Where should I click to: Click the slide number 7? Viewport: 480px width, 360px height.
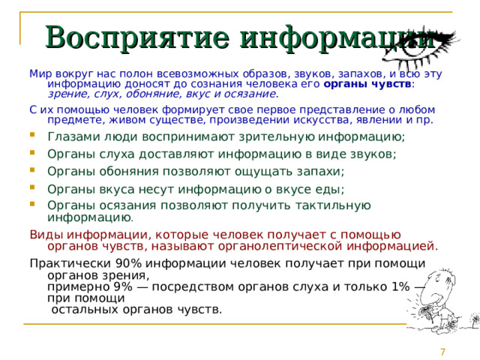443,352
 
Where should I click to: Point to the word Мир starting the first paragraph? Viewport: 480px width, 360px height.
39,73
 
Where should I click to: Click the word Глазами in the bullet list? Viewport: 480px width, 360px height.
70,136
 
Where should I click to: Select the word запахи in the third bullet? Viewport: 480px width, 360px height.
316,171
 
